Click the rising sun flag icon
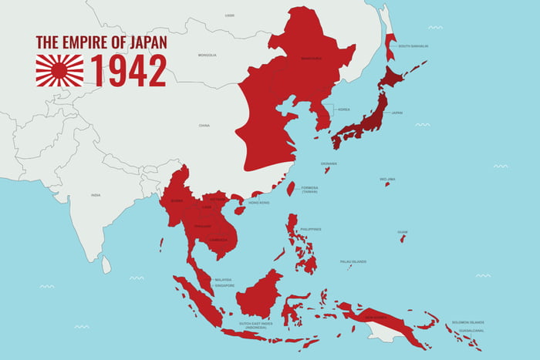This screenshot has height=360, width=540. (59, 70)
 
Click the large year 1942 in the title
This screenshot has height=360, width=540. (129, 70)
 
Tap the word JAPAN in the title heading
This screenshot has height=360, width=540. (148, 42)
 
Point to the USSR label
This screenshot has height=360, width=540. (229, 15)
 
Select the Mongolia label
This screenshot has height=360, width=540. (207, 56)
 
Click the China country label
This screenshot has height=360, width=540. (204, 125)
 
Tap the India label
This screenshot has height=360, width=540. (95, 195)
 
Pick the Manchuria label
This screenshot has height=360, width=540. (311, 58)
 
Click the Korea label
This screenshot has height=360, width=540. (343, 109)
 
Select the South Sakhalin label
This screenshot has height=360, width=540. (413, 46)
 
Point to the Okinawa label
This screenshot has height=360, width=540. (329, 163)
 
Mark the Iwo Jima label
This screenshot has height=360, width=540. (387, 179)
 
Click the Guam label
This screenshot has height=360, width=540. (402, 231)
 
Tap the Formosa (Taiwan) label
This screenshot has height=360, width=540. (309, 189)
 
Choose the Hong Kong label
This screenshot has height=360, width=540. (258, 203)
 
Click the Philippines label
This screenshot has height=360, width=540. (311, 229)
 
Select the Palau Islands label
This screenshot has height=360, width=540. (353, 261)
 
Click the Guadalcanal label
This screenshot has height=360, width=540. (471, 330)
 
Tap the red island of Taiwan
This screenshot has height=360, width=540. (291, 188)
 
